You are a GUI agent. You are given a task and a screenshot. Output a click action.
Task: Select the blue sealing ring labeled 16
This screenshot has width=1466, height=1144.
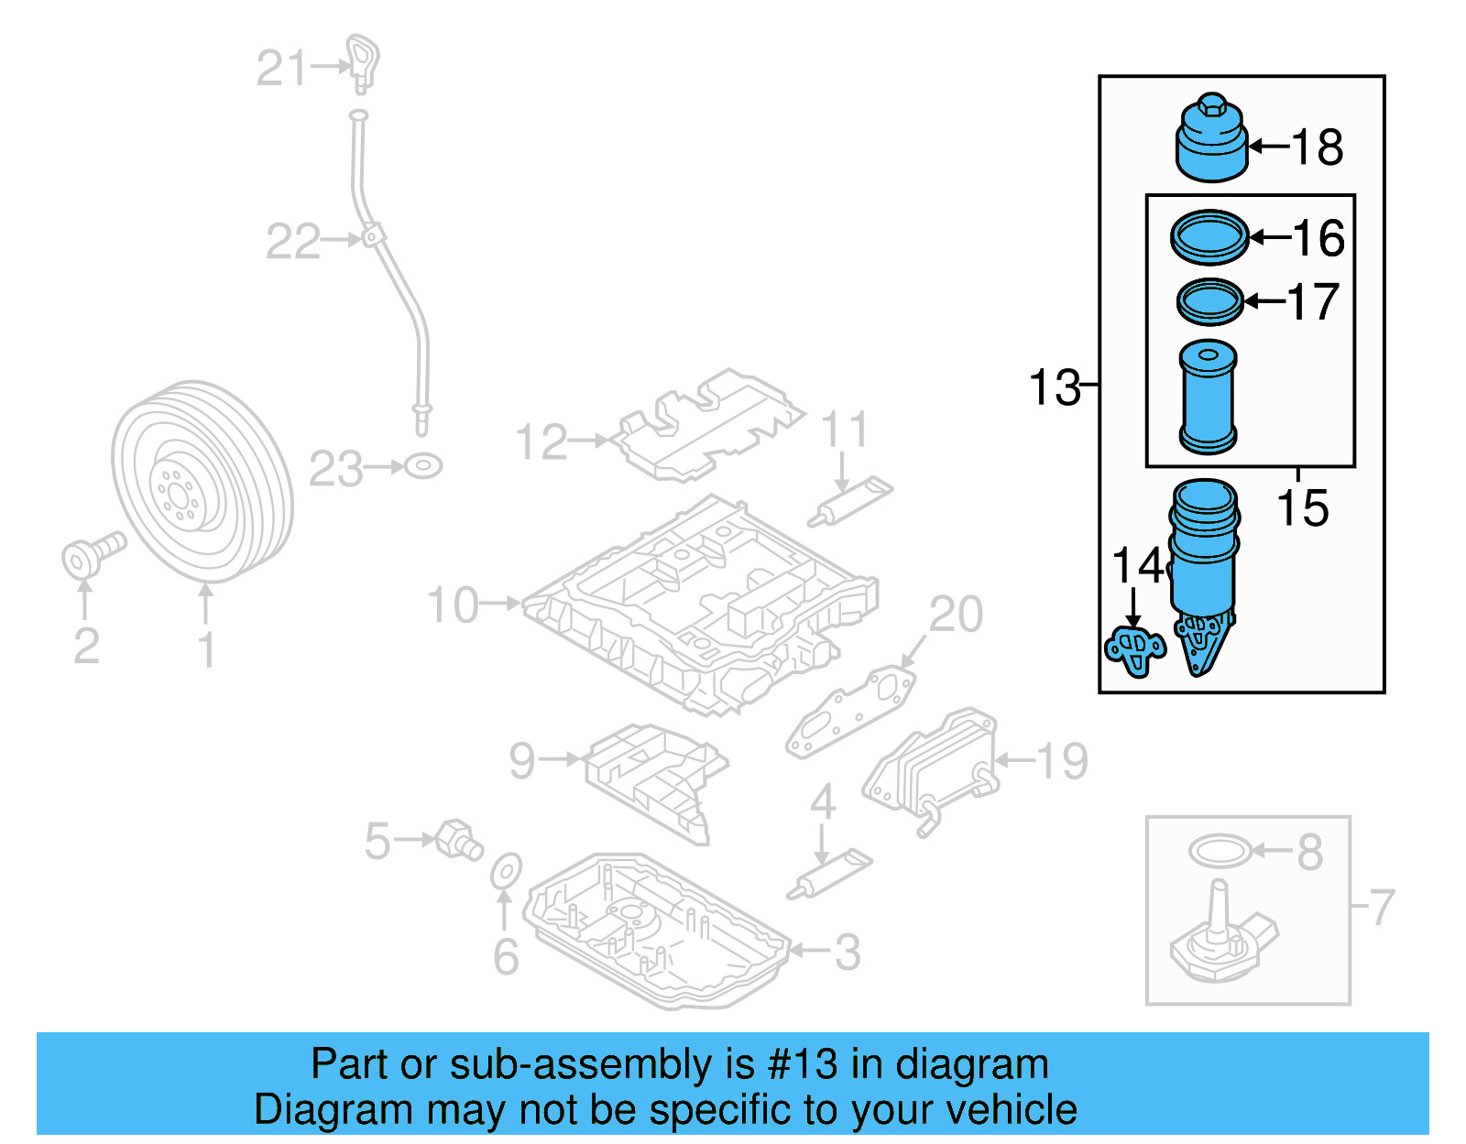click(x=1209, y=237)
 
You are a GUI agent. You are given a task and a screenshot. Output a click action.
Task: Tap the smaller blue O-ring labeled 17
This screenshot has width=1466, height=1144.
click(x=1209, y=301)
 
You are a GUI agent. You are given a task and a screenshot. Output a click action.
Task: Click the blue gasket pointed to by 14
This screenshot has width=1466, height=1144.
click(x=1135, y=649)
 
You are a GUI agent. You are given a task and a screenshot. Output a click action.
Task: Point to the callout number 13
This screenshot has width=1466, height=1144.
click(x=1054, y=387)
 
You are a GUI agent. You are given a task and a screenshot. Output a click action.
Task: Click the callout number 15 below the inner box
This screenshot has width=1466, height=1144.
click(x=1302, y=509)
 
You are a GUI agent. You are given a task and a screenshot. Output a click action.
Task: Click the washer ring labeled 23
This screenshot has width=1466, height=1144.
click(x=422, y=466)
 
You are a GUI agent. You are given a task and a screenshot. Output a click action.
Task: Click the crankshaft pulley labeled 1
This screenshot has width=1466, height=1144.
click(x=202, y=481)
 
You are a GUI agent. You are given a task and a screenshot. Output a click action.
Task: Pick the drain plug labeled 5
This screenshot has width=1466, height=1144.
click(x=458, y=839)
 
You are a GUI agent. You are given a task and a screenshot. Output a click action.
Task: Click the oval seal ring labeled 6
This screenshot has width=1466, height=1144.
click(x=506, y=871)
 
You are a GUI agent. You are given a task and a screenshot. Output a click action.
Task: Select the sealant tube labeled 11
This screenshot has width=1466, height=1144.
click(x=850, y=501)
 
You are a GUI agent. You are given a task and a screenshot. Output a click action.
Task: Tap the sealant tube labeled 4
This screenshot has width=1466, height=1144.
click(x=829, y=874)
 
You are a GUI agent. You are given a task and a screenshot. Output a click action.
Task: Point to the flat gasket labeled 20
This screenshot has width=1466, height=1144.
click(x=849, y=712)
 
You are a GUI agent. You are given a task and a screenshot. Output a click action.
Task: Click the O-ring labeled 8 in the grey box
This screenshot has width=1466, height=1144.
click(x=1219, y=851)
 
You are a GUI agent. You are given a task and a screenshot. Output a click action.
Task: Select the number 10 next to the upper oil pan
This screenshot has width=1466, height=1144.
click(x=453, y=605)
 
